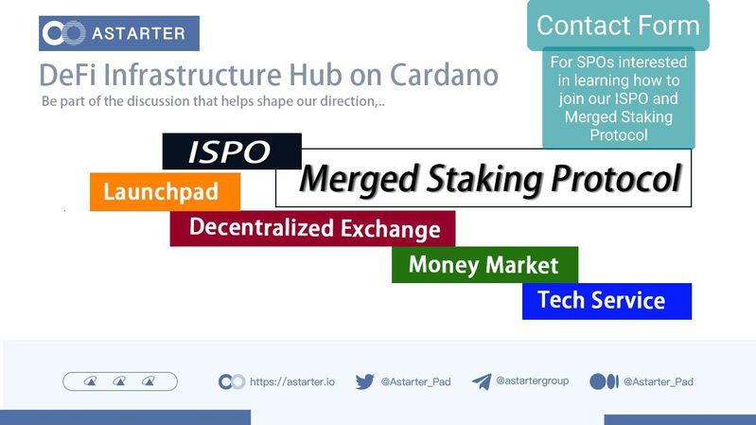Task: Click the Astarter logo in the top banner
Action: [119, 33]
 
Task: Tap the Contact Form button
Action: [618, 26]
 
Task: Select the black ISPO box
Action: [232, 151]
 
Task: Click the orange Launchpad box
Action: [165, 192]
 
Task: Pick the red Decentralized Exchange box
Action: [312, 228]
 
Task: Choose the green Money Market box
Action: [484, 265]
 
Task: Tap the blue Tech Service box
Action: [607, 301]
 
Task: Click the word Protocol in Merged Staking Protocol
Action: [616, 179]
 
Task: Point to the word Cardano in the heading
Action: [444, 75]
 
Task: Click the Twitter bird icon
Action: [365, 381]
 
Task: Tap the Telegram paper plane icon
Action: [482, 381]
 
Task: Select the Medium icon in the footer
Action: [604, 381]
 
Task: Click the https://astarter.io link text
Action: [292, 381]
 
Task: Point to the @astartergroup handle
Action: [533, 381]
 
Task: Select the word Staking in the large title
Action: [484, 180]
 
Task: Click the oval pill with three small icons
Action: [120, 381]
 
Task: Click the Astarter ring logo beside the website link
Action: [232, 381]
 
